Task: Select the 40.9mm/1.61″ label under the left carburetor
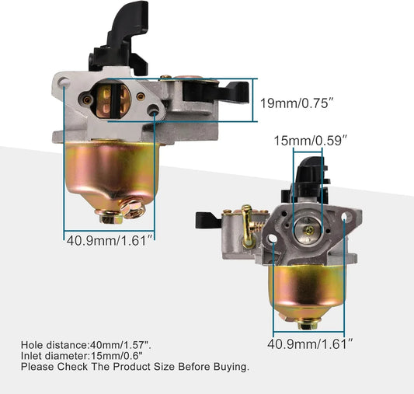(106, 239)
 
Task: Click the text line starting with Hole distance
(88, 343)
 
